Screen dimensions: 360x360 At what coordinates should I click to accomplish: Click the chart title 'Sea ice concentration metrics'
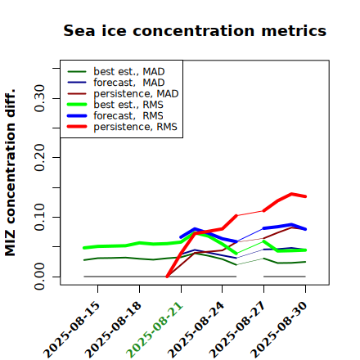[195, 30]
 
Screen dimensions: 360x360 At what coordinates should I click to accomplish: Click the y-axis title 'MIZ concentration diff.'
[10, 173]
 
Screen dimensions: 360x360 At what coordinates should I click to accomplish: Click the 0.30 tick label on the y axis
[40, 98]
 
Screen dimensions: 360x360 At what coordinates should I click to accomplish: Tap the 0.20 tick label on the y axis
[40, 158]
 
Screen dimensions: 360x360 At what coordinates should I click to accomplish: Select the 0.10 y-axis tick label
[40, 217]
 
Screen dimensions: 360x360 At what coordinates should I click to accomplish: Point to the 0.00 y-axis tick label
[40, 277]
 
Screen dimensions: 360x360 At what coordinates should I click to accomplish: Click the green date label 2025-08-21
[155, 330]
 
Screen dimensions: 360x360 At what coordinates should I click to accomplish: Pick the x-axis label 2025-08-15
[71, 330]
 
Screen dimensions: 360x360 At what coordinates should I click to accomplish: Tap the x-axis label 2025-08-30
[279, 330]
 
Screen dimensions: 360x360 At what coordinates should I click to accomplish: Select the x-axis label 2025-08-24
[196, 330]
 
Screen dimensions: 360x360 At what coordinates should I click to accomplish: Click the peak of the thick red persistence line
[291, 194]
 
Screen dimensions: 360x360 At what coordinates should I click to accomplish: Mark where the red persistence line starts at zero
[167, 277]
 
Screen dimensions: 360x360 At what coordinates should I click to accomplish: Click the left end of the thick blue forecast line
[181, 237]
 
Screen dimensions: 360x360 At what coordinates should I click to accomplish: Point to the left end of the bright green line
[84, 248]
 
